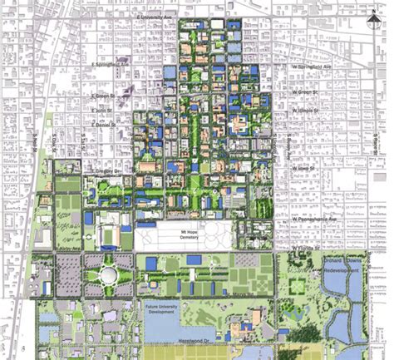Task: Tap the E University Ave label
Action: pos(159,16)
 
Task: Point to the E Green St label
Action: pos(102,96)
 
